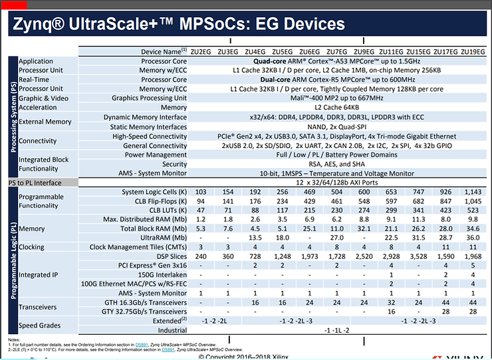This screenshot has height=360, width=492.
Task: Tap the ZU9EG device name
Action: click(x=364, y=51)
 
